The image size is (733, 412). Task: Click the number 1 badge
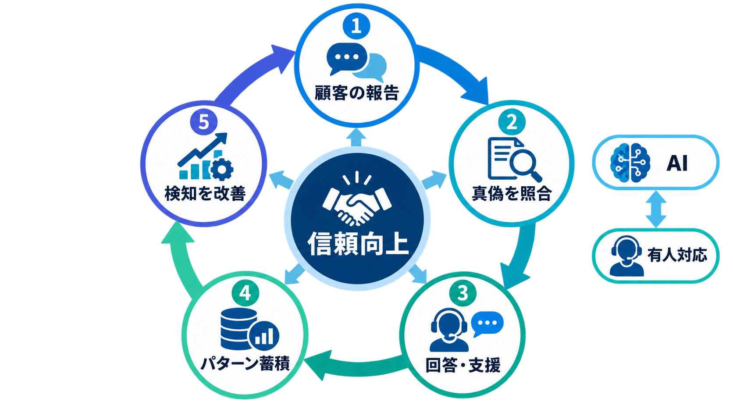click(x=356, y=26)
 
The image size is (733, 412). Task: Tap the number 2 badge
click(x=512, y=122)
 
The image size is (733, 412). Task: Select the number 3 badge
click(x=463, y=292)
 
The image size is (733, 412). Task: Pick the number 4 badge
click(x=246, y=292)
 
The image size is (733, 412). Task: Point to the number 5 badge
click(x=204, y=122)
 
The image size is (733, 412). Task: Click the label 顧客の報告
click(x=357, y=93)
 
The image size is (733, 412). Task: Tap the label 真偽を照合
click(x=512, y=193)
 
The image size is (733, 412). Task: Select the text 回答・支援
click(x=463, y=365)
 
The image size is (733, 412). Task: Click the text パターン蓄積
click(x=245, y=363)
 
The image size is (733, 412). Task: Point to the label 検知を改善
click(x=205, y=193)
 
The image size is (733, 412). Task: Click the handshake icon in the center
click(x=357, y=199)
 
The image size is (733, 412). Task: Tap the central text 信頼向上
click(x=358, y=243)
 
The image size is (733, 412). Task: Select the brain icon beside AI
click(x=630, y=163)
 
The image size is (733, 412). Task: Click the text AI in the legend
click(x=677, y=163)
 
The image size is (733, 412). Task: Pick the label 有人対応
click(x=677, y=255)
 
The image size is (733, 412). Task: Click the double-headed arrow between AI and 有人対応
click(x=656, y=209)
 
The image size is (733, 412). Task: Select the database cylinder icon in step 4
click(x=239, y=329)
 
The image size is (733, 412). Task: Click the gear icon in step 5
click(x=221, y=169)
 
